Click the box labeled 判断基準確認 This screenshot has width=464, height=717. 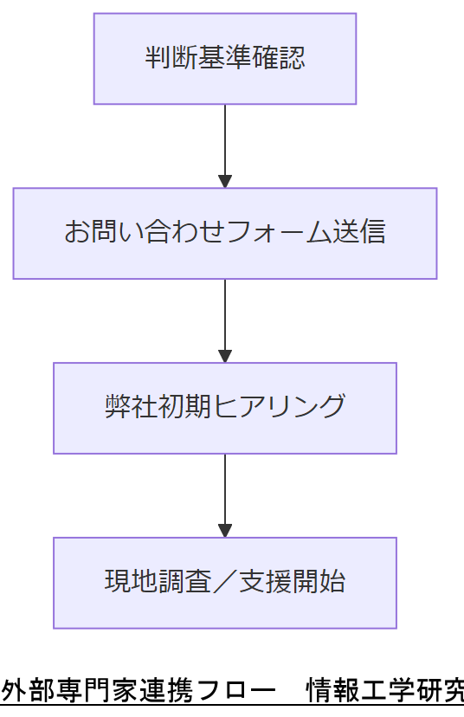click(224, 59)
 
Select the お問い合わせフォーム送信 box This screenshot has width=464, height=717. click(224, 233)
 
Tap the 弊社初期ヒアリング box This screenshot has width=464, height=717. click(224, 408)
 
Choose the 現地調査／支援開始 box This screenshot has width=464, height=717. click(224, 583)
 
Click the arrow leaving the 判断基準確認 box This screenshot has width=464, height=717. click(225, 143)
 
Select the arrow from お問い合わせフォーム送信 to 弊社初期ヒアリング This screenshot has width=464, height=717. click(225, 318)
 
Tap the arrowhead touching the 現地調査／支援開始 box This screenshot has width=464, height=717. click(225, 530)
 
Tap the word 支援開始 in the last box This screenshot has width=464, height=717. click(292, 582)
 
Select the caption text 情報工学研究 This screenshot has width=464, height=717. click(386, 691)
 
